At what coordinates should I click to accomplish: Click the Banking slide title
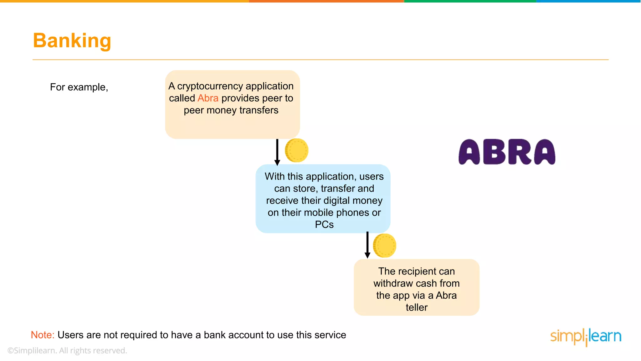(72, 41)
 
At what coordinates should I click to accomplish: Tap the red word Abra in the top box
(208, 98)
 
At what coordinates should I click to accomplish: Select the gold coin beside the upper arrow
(297, 150)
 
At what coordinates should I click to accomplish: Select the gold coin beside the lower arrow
(385, 245)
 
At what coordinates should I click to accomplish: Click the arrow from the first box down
(277, 152)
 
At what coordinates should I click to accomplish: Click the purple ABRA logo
(507, 152)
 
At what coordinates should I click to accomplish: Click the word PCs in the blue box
(324, 225)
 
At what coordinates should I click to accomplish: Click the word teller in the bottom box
(416, 307)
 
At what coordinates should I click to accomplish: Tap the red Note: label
(43, 335)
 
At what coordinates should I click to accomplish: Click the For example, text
(79, 87)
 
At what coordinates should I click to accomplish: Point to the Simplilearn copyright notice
(67, 351)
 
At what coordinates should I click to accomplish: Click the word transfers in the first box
(259, 110)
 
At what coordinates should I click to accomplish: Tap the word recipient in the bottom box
(417, 271)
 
